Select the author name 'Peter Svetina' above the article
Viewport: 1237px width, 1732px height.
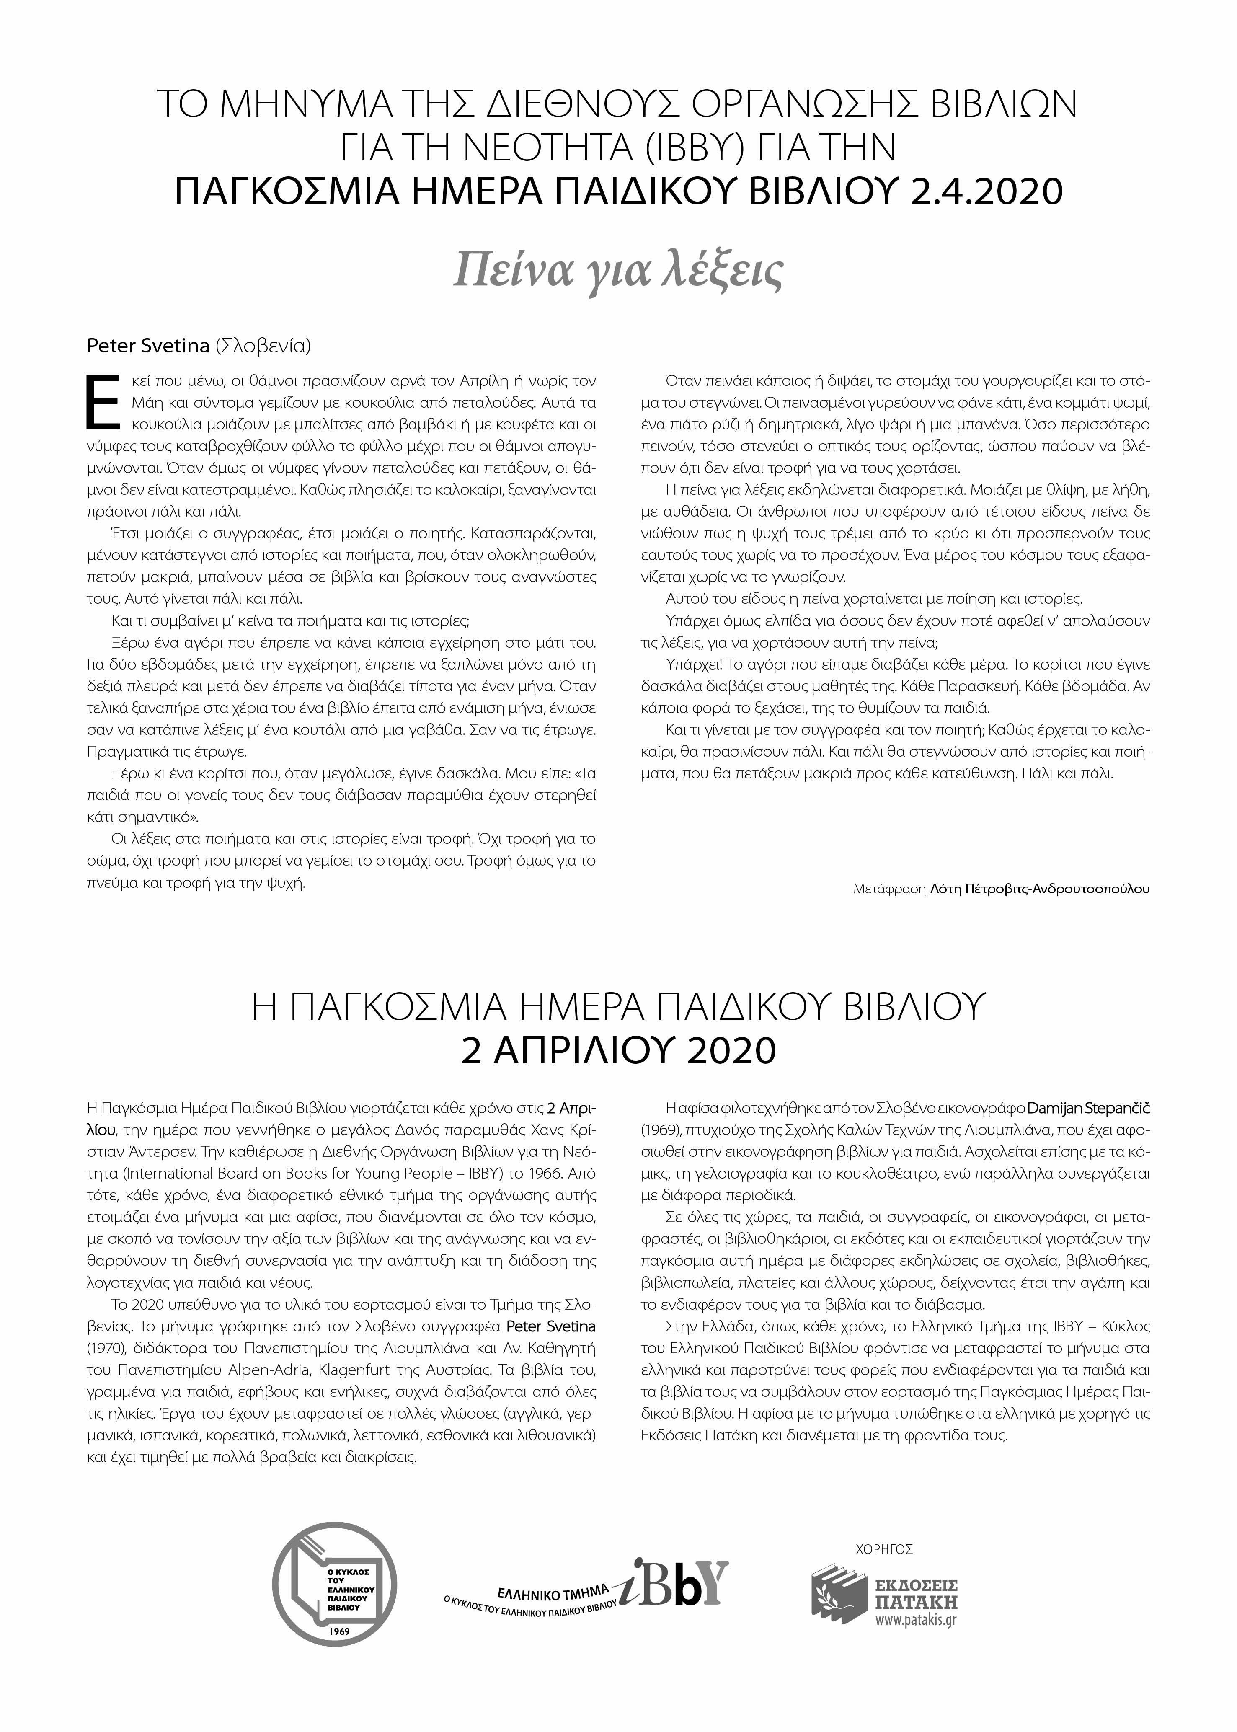pyautogui.click(x=148, y=346)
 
